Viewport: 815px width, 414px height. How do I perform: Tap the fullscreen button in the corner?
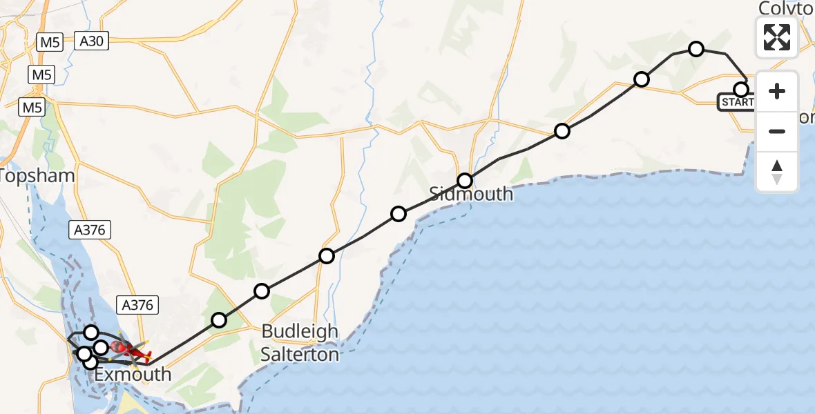tap(777, 37)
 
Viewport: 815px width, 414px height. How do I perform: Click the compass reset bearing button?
tap(777, 172)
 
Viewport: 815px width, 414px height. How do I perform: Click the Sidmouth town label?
tap(472, 194)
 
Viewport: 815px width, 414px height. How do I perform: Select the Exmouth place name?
tap(132, 375)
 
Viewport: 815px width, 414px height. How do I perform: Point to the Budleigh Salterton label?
tap(300, 343)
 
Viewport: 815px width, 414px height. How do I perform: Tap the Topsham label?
tap(37, 175)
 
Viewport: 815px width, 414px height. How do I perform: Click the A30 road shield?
tap(90, 42)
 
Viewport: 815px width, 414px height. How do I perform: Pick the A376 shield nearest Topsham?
tap(90, 230)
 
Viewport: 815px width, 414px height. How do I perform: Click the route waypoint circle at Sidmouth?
tap(465, 181)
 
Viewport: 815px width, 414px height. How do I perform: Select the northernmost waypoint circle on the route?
tap(696, 48)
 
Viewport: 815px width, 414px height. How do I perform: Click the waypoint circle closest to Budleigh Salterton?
tap(261, 291)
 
